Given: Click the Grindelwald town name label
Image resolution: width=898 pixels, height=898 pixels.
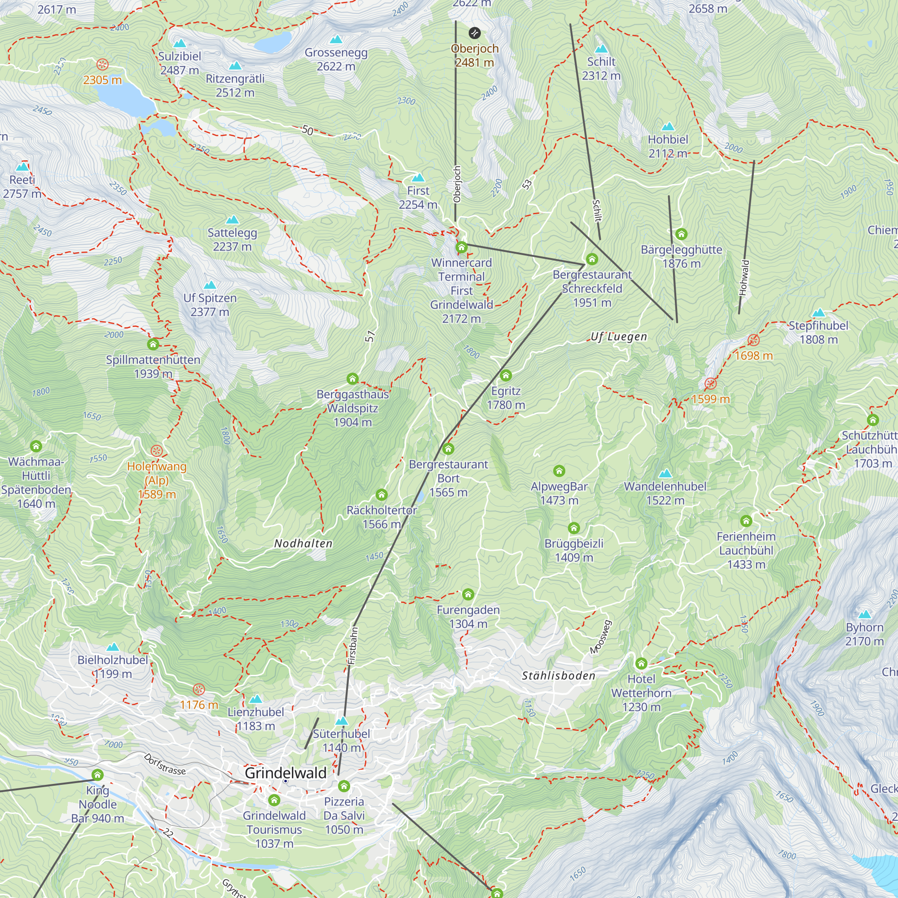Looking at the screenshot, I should coord(286,773).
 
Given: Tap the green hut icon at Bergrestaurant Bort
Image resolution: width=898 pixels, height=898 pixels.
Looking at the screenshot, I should coord(448,449).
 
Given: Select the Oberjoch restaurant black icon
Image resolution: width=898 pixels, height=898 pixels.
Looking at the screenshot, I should coord(474,33).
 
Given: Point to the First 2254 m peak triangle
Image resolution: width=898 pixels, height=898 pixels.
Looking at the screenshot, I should coord(418,177).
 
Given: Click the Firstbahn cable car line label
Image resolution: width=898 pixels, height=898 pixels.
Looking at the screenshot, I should coord(353,646).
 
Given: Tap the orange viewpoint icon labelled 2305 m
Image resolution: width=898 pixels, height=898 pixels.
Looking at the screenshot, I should coord(102,64).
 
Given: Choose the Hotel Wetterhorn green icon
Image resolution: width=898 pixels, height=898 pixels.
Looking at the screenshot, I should coord(641,663).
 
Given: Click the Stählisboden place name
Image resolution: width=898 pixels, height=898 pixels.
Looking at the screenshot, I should coord(558,676).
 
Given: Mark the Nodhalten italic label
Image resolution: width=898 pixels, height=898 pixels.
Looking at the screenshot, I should coord(303,543).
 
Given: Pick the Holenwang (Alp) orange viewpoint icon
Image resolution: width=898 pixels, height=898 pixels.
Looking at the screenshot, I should coord(157,451).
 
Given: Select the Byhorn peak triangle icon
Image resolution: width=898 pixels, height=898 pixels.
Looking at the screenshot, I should coord(864,615).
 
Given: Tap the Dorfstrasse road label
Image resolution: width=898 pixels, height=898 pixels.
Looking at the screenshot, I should coord(164,764).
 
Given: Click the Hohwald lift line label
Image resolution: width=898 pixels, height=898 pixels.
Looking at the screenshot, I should coord(744,277).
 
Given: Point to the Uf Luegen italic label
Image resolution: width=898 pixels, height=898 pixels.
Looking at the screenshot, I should coord(619,336).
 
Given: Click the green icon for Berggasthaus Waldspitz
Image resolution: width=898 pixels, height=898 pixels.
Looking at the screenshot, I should coord(352,379).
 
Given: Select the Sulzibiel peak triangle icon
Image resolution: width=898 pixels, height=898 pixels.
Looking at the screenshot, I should coord(180,44).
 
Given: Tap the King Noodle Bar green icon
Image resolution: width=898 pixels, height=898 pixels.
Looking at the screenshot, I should coord(97,775).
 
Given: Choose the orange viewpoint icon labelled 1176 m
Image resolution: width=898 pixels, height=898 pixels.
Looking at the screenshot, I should coord(199,689).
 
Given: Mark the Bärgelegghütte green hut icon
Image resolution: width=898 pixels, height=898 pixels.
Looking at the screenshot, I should coord(681,234).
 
